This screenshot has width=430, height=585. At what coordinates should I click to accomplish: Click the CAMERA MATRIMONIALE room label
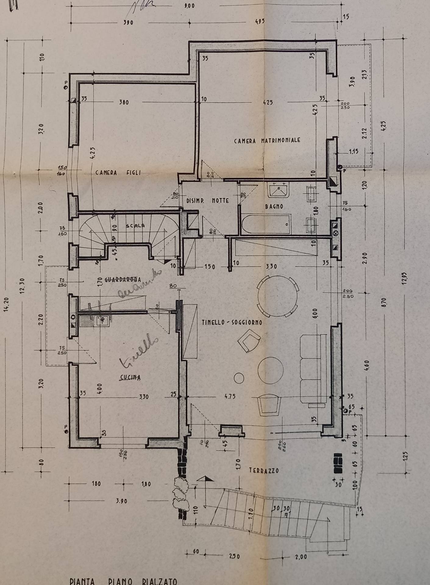tap(267, 140)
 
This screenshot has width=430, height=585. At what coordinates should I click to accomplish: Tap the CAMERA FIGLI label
tap(118, 173)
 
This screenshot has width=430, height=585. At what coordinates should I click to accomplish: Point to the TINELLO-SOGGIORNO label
tap(232, 322)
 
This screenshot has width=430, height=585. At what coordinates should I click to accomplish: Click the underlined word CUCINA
tap(130, 378)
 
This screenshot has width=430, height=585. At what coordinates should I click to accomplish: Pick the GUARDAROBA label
tap(122, 279)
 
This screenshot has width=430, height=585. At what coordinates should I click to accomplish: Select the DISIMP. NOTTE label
tap(208, 201)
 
